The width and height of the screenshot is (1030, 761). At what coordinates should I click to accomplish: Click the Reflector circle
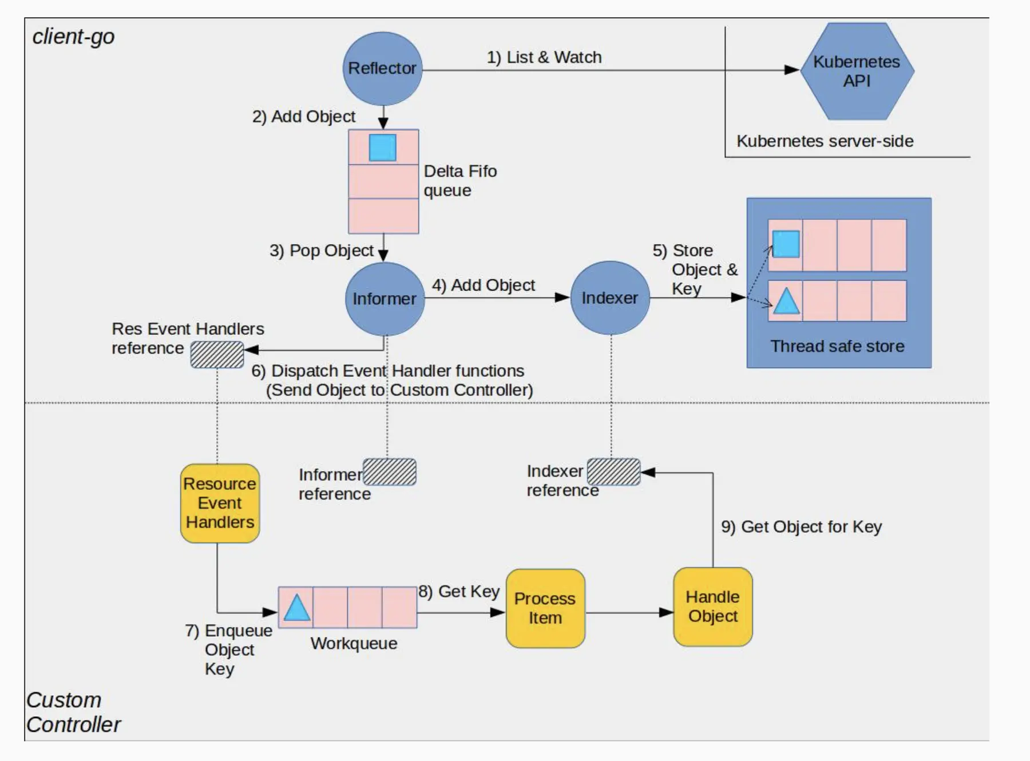382,69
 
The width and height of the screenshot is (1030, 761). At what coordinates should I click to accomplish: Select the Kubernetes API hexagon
856,71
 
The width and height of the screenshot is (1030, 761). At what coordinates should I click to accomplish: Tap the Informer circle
385,299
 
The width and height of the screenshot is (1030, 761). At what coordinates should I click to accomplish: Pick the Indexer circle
610,298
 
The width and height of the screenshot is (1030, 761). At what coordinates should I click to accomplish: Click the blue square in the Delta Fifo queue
382,148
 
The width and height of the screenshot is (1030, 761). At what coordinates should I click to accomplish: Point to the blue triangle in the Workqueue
296,608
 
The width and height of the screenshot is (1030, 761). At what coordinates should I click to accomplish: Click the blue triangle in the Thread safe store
786,302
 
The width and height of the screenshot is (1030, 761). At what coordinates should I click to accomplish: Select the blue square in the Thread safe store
786,244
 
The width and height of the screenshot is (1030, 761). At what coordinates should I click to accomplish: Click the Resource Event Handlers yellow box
220,503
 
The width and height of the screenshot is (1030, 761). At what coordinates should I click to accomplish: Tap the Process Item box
545,608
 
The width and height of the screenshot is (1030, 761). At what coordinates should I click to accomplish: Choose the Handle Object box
712,607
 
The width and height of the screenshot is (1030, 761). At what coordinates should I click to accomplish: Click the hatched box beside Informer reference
390,472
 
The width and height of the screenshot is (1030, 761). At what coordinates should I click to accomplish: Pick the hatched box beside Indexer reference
613,472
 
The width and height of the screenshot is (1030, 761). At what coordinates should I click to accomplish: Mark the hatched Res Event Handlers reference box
217,355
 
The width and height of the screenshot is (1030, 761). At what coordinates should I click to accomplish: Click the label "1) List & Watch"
544,57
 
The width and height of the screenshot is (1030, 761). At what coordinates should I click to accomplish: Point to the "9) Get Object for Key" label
801,526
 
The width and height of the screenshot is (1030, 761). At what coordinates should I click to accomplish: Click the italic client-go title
73,37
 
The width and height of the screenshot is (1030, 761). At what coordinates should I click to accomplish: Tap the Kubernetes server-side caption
825,141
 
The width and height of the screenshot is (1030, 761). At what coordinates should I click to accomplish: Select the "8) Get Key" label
459,591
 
